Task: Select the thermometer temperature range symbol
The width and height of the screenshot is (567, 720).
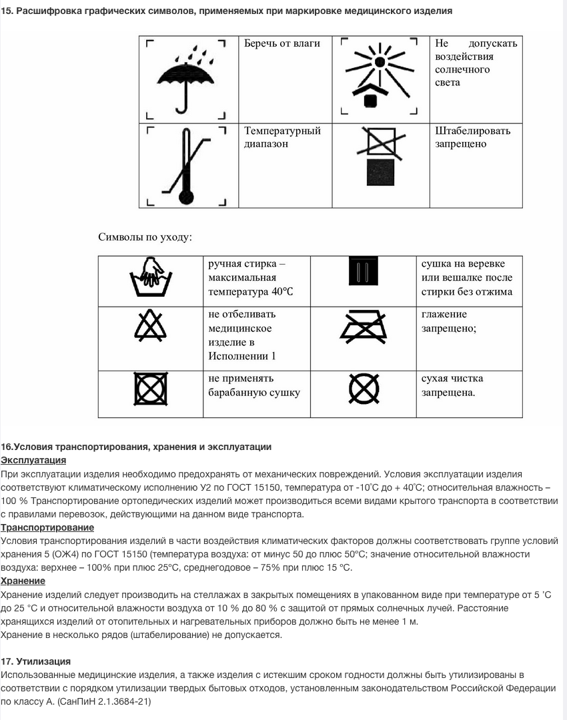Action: pyautogui.click(x=185, y=165)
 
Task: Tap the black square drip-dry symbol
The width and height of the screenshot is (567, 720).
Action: pyautogui.click(x=364, y=273)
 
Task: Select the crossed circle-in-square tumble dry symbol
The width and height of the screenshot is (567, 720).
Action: pyautogui.click(x=151, y=389)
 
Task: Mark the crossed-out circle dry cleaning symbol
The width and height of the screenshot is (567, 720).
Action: pyautogui.click(x=364, y=389)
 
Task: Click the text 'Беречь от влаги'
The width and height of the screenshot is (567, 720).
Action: pyautogui.click(x=282, y=43)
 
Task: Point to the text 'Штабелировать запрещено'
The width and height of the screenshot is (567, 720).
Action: pyautogui.click(x=472, y=137)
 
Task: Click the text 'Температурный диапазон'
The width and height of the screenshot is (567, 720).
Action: pyautogui.click(x=282, y=137)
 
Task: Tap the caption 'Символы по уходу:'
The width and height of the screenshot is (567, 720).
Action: pyautogui.click(x=145, y=237)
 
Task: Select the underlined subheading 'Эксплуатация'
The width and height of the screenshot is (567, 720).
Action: pyautogui.click(x=33, y=460)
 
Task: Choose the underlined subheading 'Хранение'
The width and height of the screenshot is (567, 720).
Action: pyautogui.click(x=23, y=581)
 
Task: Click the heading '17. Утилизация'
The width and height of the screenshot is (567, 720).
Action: pyautogui.click(x=36, y=661)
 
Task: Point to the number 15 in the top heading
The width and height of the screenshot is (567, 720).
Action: pyautogui.click(x=6, y=11)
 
